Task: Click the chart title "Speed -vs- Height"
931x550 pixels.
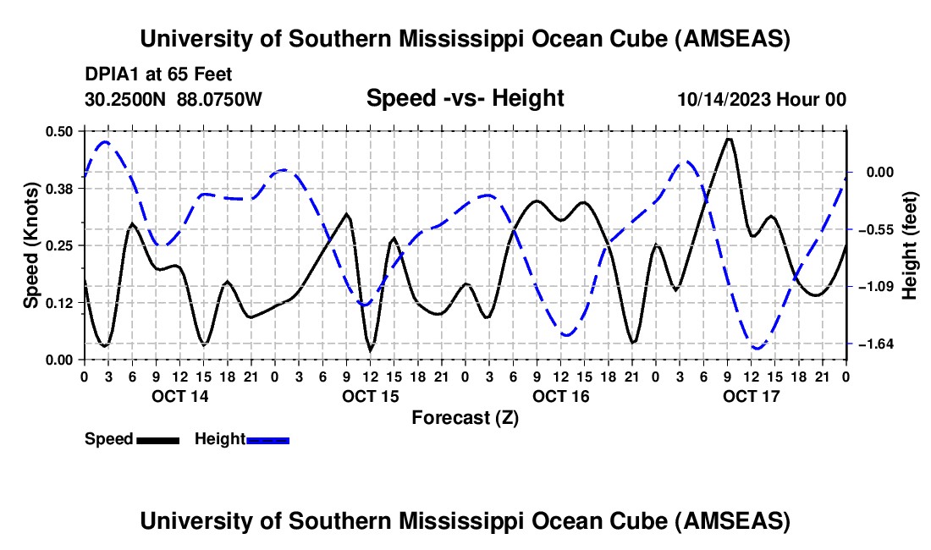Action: (x=465, y=99)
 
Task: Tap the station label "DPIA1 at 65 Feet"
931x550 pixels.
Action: (x=158, y=74)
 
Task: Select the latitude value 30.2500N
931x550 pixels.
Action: (x=126, y=100)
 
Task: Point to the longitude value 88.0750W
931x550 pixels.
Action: (x=220, y=100)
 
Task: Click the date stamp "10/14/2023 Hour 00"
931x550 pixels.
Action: (x=762, y=100)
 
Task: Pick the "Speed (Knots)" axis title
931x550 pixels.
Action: (x=31, y=245)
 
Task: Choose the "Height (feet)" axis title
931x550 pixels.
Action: (x=910, y=245)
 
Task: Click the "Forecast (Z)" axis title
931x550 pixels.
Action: (x=465, y=417)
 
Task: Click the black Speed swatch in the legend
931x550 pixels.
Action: (x=157, y=440)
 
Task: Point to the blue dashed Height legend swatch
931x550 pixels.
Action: (x=268, y=440)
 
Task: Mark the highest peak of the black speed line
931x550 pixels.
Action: (x=729, y=139)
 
